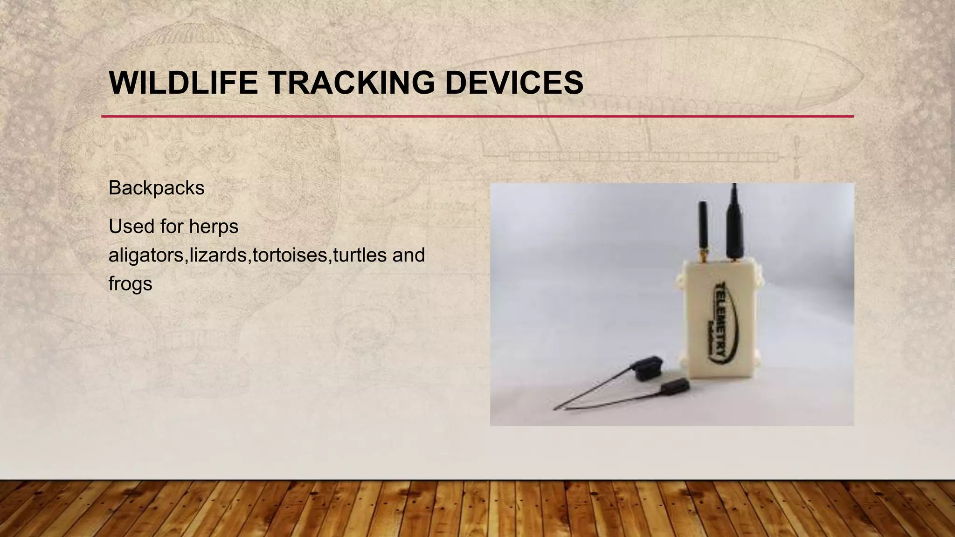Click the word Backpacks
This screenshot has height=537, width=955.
pos(156,188)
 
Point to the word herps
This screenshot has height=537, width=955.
pos(213,227)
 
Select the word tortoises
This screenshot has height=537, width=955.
pos(290,255)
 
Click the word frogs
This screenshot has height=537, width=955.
pos(130,284)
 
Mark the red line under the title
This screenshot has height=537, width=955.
pos(477,116)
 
